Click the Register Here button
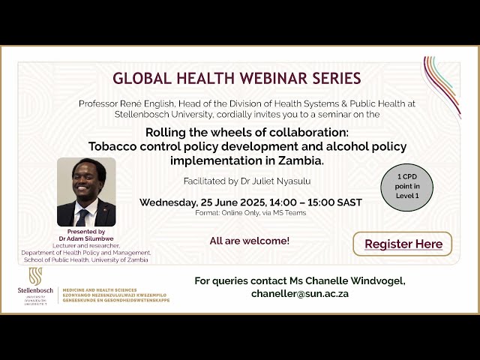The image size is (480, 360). pos(403,244)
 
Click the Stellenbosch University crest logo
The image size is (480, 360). pos(35,276)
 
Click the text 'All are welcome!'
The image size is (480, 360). pos(250,241)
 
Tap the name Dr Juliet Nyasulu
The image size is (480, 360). pos(282,181)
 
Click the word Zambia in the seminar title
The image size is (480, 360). pos(298,160)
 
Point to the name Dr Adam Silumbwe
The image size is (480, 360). pos(86,238)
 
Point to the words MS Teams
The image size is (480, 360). pos(292,213)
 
